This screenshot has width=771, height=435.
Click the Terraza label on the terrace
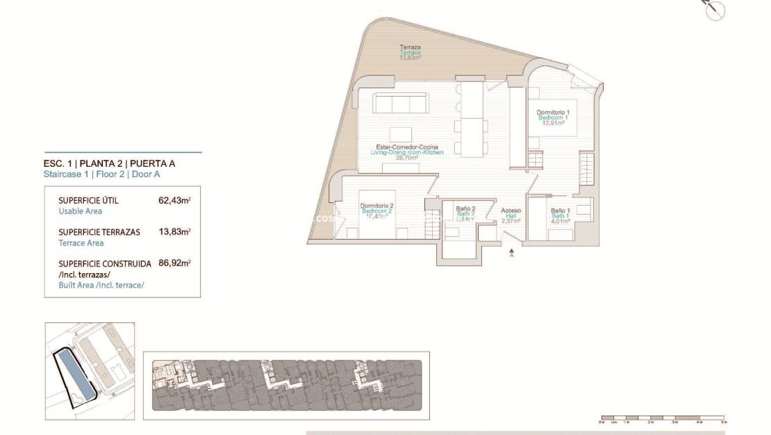coord(411,47)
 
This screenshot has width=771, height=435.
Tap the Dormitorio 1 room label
coord(553,113)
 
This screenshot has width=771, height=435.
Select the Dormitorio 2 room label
coord(377,206)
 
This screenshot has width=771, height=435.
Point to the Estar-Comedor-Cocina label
coord(408,147)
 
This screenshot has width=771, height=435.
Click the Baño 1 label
coord(560,211)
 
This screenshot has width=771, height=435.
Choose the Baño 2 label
coord(465,208)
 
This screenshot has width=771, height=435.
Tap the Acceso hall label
coord(511,211)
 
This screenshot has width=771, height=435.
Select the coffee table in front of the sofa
coord(400,133)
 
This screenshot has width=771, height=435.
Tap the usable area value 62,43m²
coord(174,200)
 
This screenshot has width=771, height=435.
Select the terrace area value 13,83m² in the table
coord(174,232)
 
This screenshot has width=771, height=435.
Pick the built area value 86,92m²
coord(174,264)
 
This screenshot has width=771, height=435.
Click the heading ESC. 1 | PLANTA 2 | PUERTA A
coord(109,164)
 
